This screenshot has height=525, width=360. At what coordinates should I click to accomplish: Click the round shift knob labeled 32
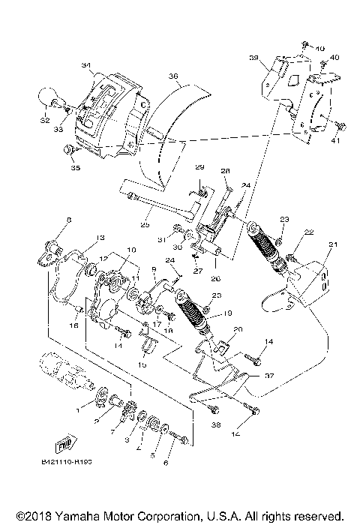tap(47, 97)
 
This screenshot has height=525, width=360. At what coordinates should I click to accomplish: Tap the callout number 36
tap(173, 76)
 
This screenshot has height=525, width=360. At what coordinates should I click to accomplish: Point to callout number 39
tap(253, 58)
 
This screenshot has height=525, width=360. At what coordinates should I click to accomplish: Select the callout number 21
tap(333, 244)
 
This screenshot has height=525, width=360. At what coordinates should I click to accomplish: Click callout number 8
tap(47, 220)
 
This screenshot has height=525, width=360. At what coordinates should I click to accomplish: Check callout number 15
tap(142, 364)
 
